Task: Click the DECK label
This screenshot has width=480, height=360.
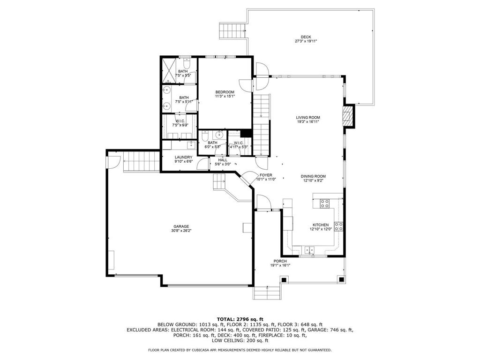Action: click(306, 37)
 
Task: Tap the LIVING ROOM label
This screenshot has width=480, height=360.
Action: click(308, 118)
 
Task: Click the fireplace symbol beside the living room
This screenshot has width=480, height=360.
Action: click(348, 116)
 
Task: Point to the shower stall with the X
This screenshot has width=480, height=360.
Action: click(169, 70)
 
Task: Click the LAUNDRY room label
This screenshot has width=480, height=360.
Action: click(183, 157)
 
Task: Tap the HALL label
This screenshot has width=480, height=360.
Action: click(223, 160)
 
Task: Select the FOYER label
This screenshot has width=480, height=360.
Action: click(266, 175)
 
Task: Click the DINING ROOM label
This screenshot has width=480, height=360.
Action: click(313, 176)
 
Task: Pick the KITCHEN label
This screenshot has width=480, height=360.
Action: click(321, 225)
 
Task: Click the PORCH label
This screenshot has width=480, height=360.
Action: click(280, 261)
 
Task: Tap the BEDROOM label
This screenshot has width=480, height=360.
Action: click(225, 92)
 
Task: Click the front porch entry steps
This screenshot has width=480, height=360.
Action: click(267, 293)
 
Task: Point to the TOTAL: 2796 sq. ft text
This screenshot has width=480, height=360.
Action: click(240, 319)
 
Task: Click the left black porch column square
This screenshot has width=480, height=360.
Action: click(284, 279)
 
